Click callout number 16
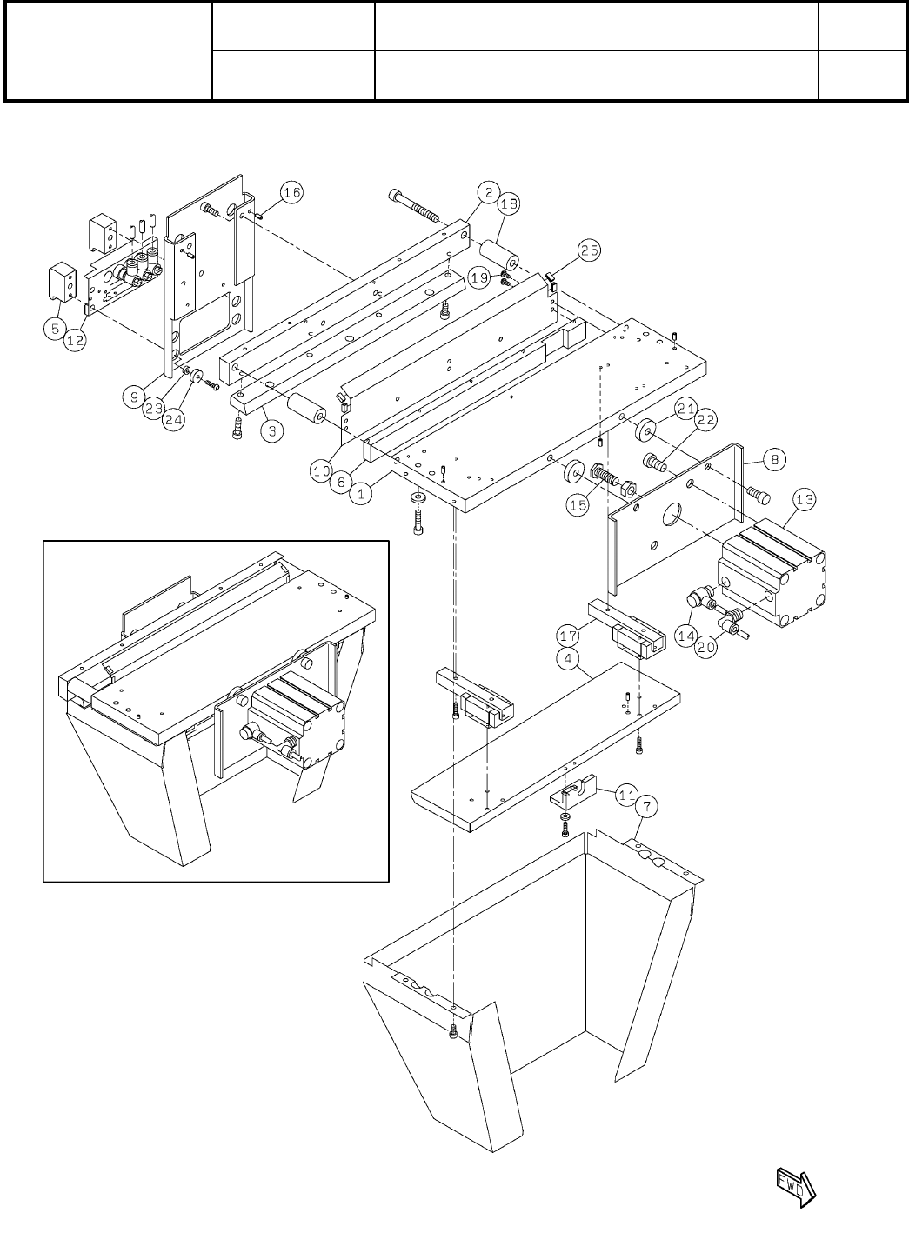[x=291, y=193]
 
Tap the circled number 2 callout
[x=489, y=192]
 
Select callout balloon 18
[x=509, y=203]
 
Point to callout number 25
[x=589, y=251]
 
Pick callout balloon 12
[x=76, y=341]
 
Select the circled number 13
[x=804, y=499]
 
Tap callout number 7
[x=645, y=806]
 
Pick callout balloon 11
[x=625, y=794]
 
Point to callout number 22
[x=706, y=419]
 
